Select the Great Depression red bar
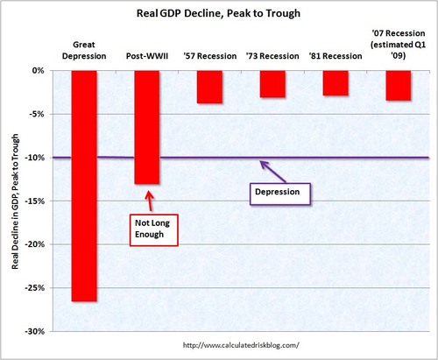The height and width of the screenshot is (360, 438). pyautogui.click(x=84, y=184)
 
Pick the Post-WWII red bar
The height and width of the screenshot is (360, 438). pyautogui.click(x=147, y=127)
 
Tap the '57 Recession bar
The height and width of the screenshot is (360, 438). pyautogui.click(x=209, y=87)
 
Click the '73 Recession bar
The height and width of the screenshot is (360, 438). pyautogui.click(x=272, y=83)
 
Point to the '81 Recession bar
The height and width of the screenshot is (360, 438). pyautogui.click(x=336, y=82)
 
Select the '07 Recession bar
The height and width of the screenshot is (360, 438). pyautogui.click(x=398, y=85)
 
